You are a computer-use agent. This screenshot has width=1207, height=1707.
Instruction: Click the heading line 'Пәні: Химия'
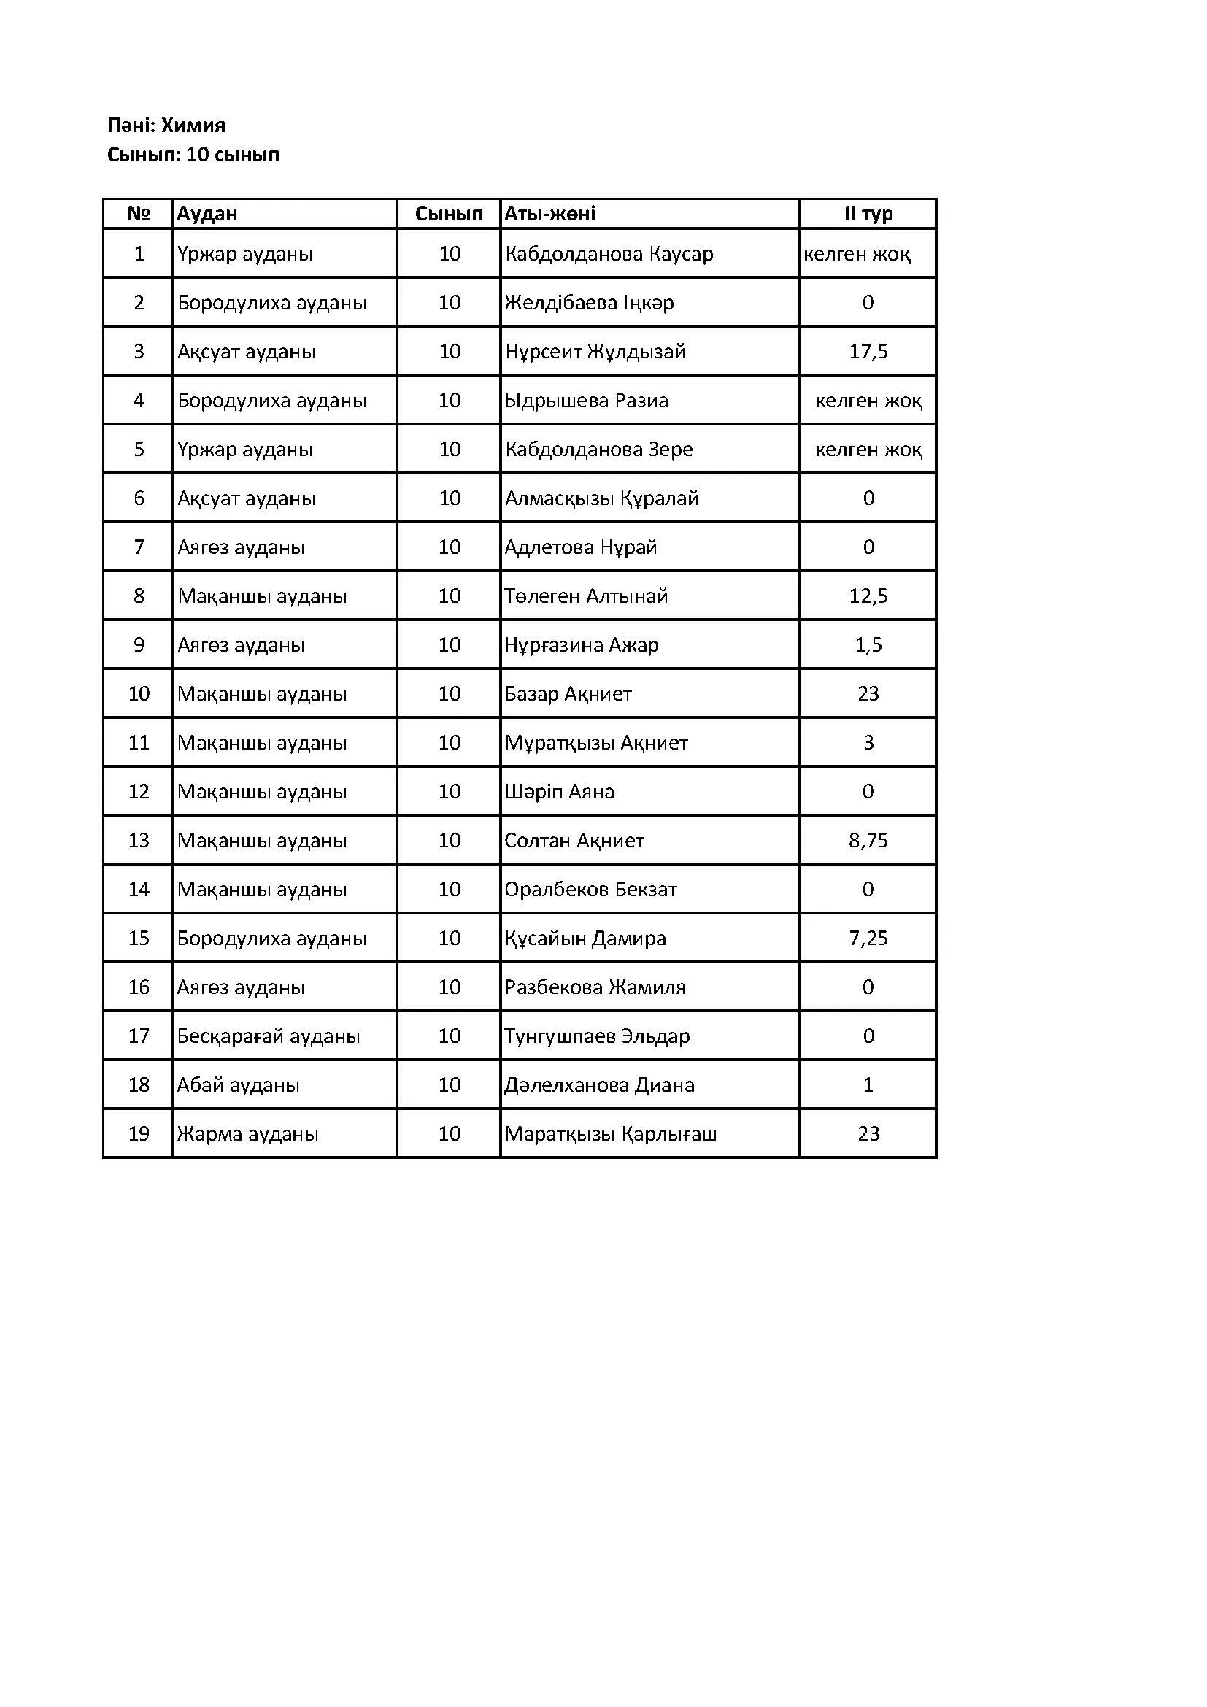(x=166, y=125)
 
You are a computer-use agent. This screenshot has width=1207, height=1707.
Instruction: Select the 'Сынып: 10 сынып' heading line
(x=193, y=155)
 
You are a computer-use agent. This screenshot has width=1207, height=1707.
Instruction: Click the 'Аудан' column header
(x=207, y=214)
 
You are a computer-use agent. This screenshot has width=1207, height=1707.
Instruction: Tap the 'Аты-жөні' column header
(x=550, y=214)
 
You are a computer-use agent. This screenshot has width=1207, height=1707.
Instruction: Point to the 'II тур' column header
(x=868, y=214)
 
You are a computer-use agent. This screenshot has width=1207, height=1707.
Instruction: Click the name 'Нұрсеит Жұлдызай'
(x=595, y=352)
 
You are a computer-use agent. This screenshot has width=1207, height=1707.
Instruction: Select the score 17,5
(x=868, y=352)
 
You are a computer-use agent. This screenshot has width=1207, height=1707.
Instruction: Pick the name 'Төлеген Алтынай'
(x=587, y=596)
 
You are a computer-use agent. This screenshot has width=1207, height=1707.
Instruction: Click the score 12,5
(x=868, y=596)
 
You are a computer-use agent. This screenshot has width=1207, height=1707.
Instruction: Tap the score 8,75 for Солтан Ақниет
(x=868, y=841)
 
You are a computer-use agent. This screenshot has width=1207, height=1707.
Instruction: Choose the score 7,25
(x=868, y=939)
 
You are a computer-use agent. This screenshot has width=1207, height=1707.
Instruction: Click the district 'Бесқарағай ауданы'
(x=269, y=1036)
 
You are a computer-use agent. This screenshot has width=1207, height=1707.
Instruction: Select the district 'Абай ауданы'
(x=238, y=1085)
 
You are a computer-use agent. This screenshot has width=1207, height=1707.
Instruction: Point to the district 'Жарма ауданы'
(x=247, y=1134)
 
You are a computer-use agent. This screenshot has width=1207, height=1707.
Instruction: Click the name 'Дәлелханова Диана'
(x=599, y=1085)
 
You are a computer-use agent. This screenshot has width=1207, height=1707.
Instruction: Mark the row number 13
(x=139, y=841)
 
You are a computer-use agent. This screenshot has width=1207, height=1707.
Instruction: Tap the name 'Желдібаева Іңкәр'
(x=590, y=303)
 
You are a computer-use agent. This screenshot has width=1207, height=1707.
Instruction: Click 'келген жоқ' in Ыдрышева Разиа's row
(x=868, y=401)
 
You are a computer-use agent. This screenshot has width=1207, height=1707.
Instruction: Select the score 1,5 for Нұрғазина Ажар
(x=868, y=645)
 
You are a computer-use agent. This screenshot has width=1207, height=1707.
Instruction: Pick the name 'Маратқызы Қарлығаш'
(x=610, y=1134)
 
